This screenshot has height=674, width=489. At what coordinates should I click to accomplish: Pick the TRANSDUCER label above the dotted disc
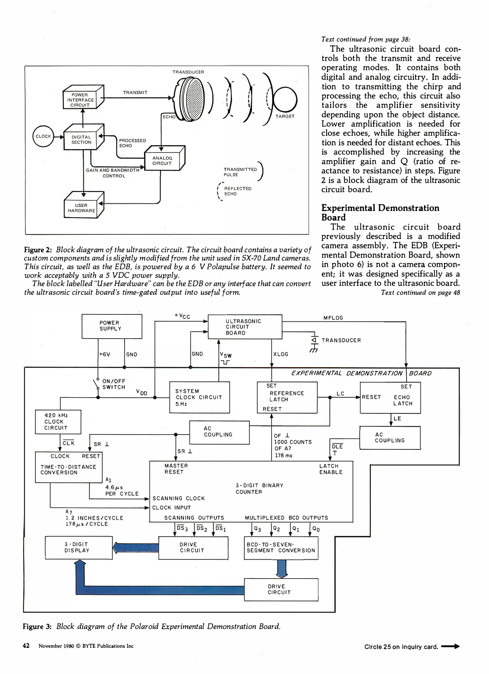click(188, 72)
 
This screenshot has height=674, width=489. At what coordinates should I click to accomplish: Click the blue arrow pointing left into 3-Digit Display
click(135, 548)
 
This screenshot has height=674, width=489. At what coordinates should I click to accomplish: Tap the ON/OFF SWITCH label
click(114, 384)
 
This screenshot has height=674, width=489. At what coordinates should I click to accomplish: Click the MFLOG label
click(333, 318)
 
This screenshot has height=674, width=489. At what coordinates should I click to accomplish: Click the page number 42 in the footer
click(26, 645)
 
